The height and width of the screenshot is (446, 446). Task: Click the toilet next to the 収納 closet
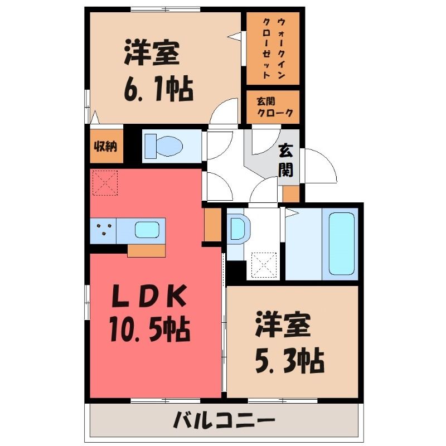point(163,146)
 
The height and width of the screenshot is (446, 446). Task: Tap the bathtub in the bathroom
point(342,244)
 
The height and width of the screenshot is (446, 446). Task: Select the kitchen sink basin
point(147,230)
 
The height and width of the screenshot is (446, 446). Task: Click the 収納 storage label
point(105,147)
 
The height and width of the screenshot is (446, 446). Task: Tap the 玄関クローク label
point(275,107)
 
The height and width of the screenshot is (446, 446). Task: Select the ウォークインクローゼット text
point(273,49)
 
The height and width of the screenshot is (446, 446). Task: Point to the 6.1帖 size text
point(158,89)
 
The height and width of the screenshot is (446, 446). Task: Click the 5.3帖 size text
point(289,360)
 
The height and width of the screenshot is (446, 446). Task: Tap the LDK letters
point(149,296)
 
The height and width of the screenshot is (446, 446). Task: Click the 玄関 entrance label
point(285,161)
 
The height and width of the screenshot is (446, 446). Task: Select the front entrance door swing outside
point(321,166)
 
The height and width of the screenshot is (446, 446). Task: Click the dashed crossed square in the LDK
point(105,183)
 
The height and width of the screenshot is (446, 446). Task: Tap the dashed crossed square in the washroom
point(264,265)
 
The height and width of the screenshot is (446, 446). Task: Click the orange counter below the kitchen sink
point(146,250)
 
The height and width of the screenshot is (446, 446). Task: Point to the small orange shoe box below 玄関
point(291,193)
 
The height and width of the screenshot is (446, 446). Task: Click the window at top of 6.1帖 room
point(166,9)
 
